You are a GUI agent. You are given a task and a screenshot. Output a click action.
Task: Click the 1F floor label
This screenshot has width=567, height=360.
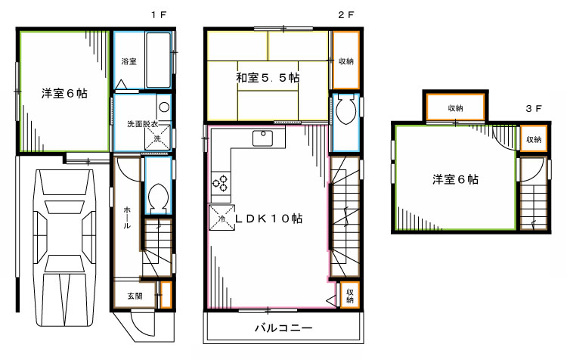pos(157,14)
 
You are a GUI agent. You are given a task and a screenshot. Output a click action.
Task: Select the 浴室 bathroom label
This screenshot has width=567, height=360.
pos(129,61)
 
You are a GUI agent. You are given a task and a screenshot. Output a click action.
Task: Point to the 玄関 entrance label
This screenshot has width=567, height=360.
pos(134,296)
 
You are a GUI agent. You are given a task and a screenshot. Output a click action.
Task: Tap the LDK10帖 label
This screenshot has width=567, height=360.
pos(268,218)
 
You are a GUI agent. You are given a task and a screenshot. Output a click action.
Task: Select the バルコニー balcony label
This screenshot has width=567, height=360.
pos(283,328)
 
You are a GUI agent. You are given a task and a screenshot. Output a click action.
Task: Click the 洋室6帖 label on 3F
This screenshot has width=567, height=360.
pos(454,179)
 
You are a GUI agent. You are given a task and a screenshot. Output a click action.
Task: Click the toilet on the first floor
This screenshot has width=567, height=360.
pos(158,199)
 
